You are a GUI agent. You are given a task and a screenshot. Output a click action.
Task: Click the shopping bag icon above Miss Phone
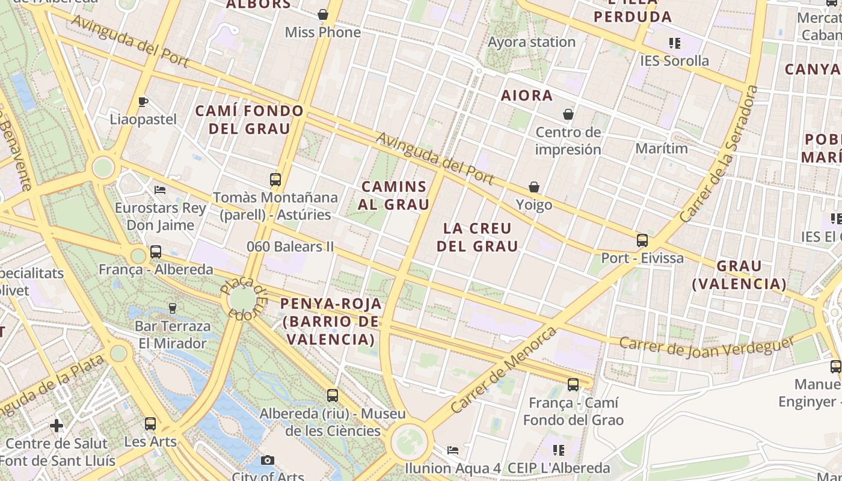[323, 14]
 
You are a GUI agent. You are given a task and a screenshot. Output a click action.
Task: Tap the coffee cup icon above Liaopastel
[143, 102]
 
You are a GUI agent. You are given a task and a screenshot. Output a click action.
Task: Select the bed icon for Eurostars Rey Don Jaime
[160, 190]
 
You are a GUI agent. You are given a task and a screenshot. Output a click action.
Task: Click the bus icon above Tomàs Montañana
[275, 179]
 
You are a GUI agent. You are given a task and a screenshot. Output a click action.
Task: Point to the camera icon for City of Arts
[268, 461]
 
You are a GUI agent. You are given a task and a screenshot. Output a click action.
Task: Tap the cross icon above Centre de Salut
[57, 426]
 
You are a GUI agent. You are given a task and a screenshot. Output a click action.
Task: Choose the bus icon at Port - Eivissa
[642, 240]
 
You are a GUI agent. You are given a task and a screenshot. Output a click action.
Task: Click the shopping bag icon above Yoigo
[533, 188]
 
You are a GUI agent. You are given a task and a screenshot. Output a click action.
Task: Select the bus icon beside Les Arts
[150, 424]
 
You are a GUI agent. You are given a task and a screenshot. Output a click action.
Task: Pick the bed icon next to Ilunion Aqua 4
[453, 450]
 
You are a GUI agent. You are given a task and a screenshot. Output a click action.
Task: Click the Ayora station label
[532, 42]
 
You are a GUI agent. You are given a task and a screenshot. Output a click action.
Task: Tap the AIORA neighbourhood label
[527, 96]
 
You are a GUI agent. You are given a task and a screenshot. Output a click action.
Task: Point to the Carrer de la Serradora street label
[719, 154]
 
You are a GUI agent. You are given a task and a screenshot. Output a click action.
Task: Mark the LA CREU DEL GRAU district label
[478, 237]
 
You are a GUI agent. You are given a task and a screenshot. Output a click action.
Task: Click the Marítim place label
[662, 148]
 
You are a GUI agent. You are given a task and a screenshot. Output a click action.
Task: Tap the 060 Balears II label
[290, 247]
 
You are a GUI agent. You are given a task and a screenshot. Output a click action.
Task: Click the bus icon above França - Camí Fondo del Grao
[573, 385]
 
